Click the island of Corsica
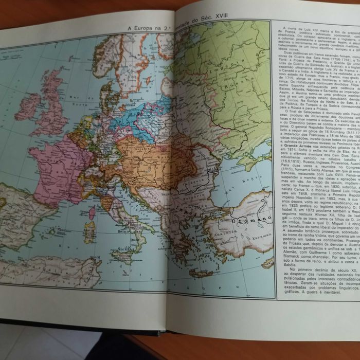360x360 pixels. pos(93,212)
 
